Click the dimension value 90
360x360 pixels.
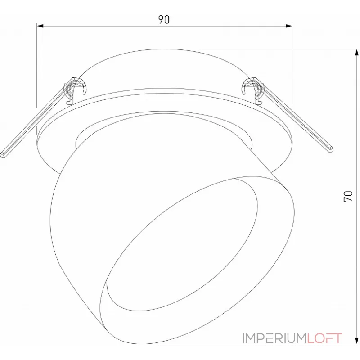(x=164, y=19)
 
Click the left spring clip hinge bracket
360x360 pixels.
(x=75, y=87)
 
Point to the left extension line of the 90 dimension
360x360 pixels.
(x=36, y=67)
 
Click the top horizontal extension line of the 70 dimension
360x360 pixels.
(x=279, y=48)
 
